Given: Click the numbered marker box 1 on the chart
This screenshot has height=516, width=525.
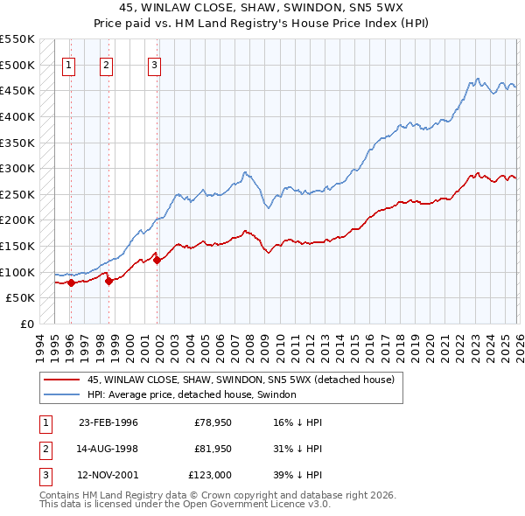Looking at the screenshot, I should point(69,64).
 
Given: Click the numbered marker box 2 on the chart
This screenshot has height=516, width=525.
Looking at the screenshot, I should point(106,64).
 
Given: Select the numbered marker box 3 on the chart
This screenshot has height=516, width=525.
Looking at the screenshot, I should point(154,64).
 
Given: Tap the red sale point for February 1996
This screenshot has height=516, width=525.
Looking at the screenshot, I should point(71,282).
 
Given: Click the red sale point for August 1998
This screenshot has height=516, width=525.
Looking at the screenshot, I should point(108,281).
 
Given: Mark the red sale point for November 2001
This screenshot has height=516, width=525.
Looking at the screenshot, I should point(157,260).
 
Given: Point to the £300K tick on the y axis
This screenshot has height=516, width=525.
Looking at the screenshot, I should point(17,168).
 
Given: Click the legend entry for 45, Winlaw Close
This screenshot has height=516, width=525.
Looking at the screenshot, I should point(241,380).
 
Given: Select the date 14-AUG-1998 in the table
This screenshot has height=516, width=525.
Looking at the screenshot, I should point(108,448).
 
